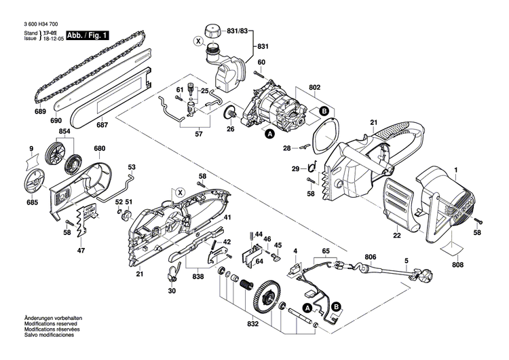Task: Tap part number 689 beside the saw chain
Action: coord(41,111)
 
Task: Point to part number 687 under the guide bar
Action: coord(102,124)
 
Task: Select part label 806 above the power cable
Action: coord(370,257)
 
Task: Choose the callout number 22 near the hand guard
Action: coord(396,236)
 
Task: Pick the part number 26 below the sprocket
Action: coord(230,129)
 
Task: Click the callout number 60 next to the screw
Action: coord(261,62)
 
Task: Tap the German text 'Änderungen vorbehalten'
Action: coord(54,318)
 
